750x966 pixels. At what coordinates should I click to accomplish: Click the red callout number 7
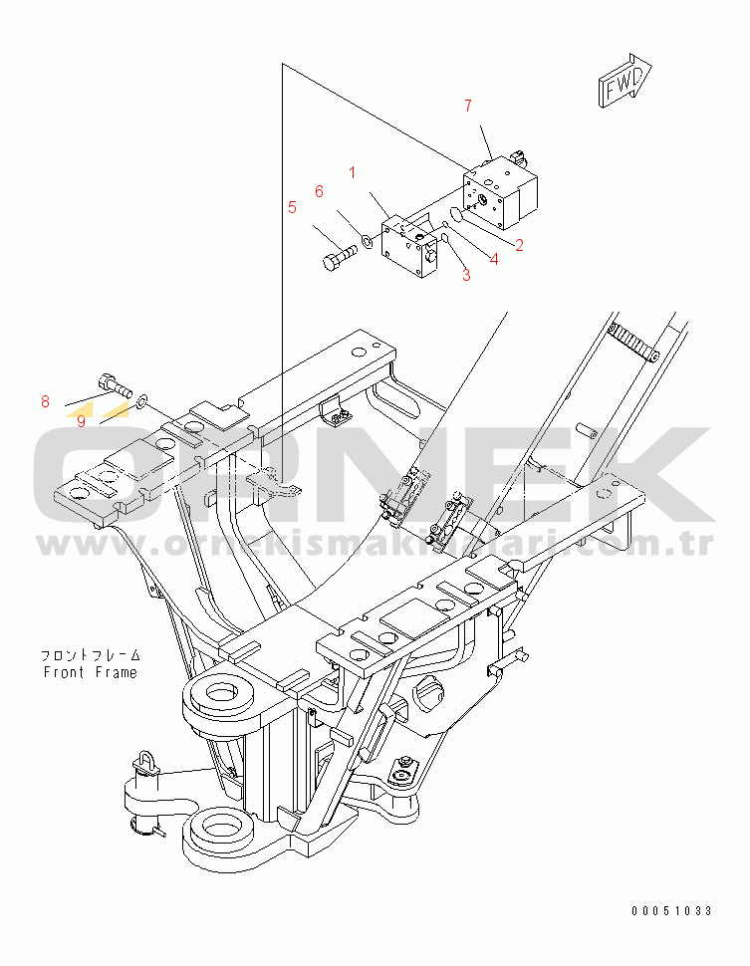[x=469, y=106]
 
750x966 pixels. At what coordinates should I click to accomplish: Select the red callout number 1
[x=352, y=172]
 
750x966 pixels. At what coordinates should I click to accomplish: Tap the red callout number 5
[x=292, y=207]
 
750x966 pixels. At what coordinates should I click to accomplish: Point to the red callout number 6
[x=319, y=191]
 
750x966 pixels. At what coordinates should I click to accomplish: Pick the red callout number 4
[x=493, y=260]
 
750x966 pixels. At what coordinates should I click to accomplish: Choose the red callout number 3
[x=466, y=276]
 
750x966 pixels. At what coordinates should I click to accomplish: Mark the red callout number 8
[x=45, y=402]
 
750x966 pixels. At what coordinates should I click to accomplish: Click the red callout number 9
[x=81, y=420]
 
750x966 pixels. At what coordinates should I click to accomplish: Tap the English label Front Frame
[x=90, y=672]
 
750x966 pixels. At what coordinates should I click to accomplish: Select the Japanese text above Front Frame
[x=90, y=656]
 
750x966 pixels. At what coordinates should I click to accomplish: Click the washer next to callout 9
[x=144, y=400]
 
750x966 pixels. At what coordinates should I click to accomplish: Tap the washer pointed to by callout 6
[x=368, y=240]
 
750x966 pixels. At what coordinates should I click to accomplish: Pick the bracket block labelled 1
[x=411, y=249]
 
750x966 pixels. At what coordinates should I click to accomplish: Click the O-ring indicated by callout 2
[x=456, y=216]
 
